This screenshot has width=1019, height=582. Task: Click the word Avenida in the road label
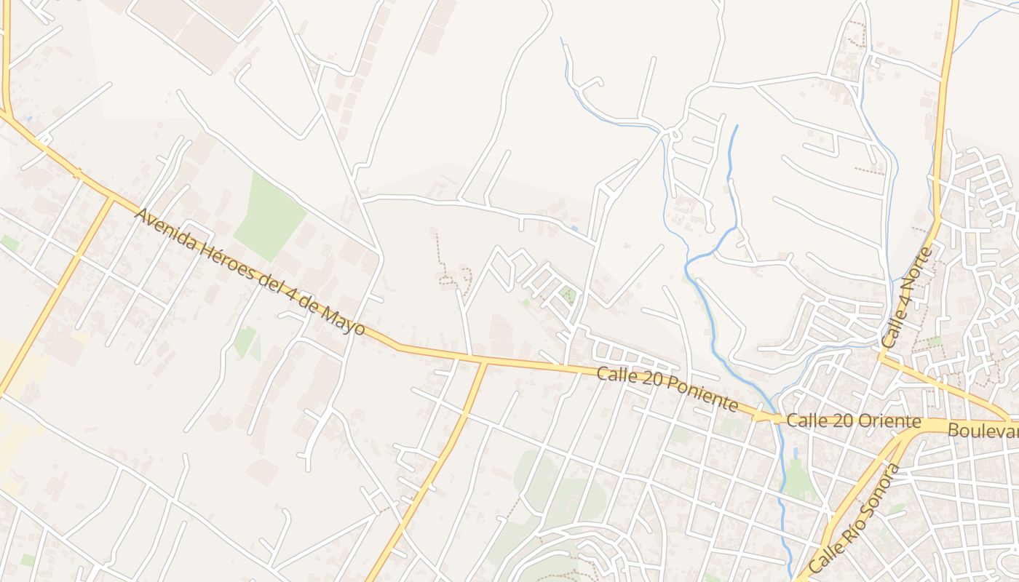164,230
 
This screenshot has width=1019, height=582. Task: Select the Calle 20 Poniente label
667,388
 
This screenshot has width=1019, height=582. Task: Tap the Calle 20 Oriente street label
854,421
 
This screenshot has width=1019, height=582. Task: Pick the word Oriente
889,421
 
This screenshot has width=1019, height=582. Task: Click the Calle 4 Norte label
906,298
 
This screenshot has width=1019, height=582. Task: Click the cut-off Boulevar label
983,431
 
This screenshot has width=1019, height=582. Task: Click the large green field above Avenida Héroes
269,215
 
